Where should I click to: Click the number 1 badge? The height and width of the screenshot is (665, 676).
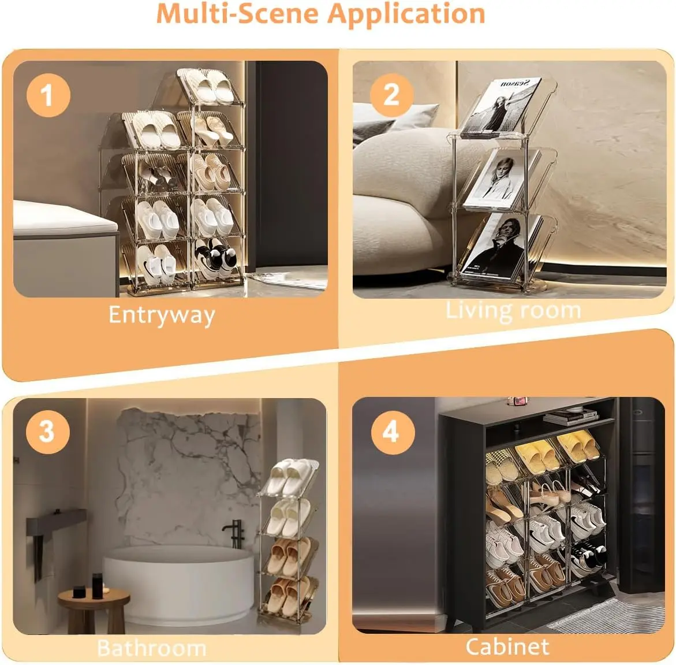coord(48,95)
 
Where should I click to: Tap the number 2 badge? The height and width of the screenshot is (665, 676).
coord(391,95)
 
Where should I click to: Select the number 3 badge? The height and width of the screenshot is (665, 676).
coord(47,432)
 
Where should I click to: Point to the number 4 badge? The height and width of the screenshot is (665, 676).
coord(393,432)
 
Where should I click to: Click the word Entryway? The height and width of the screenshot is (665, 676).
coord(162,315)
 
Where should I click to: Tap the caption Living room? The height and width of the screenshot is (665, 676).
coord(513,311)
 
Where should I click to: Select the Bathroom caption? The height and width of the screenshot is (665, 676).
coord(151,648)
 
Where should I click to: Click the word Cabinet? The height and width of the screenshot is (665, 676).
coord(507,647)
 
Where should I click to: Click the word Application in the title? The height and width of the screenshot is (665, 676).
coord(406,14)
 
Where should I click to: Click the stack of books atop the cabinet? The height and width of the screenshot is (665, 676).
coord(571,416)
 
